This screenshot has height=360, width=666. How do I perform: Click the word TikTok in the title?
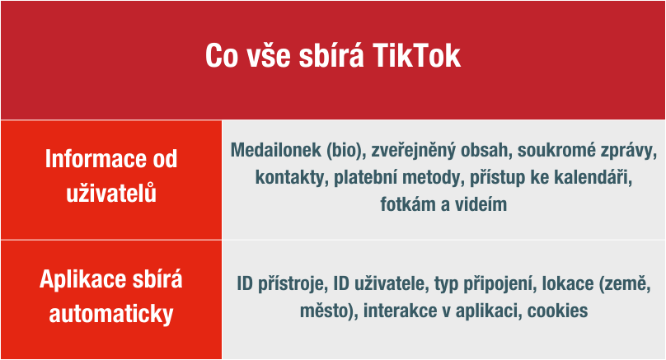[417, 56]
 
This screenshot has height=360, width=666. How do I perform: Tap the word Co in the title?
[221, 56]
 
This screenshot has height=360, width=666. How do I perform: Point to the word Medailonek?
[275, 150]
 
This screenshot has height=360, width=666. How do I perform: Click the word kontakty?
[292, 177]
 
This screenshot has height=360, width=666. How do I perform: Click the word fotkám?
[408, 204]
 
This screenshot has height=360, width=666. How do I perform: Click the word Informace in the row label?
[92, 159]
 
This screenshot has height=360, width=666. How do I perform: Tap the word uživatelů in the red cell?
[111, 193]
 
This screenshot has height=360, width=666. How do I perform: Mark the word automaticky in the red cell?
[111, 314]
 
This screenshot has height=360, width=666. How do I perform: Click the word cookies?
[558, 311]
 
